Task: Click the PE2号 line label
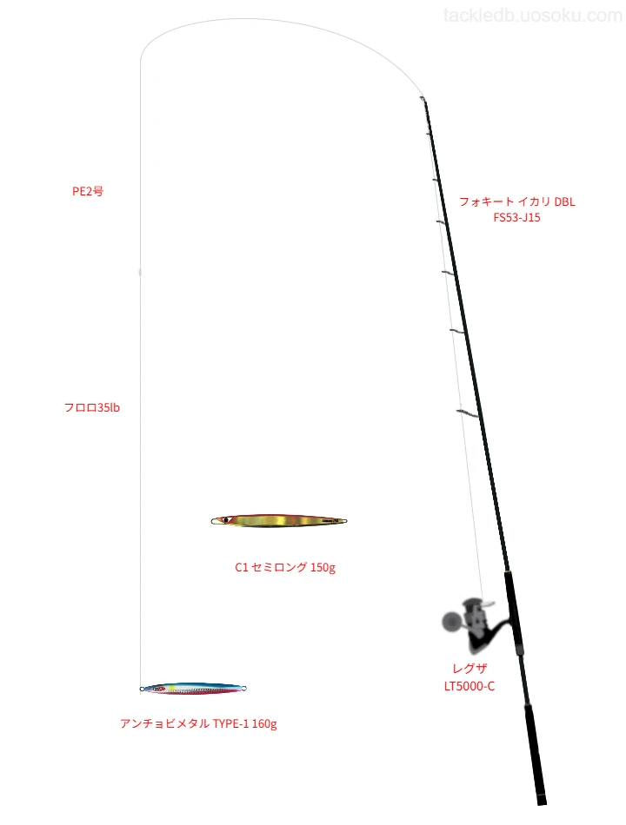coord(88,192)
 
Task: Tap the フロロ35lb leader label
coord(92,408)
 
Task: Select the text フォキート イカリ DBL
coord(517,201)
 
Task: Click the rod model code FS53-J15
coord(517,217)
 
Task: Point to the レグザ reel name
coord(469,669)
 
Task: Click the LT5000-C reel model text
coord(469,686)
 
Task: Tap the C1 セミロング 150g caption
coord(285,567)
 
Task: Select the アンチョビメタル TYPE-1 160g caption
coord(198,724)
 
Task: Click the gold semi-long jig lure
coord(279,521)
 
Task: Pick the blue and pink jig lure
coord(193,688)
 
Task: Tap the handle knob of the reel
coord(451,622)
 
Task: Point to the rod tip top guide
coord(423,98)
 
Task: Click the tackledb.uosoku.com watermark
coord(533,16)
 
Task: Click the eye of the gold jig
coord(225,520)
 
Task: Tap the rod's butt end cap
coord(542,802)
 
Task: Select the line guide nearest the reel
coord(468,413)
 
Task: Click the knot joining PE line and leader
coord(140,272)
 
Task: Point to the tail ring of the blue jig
coord(244,688)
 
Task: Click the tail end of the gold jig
coord(345,521)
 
